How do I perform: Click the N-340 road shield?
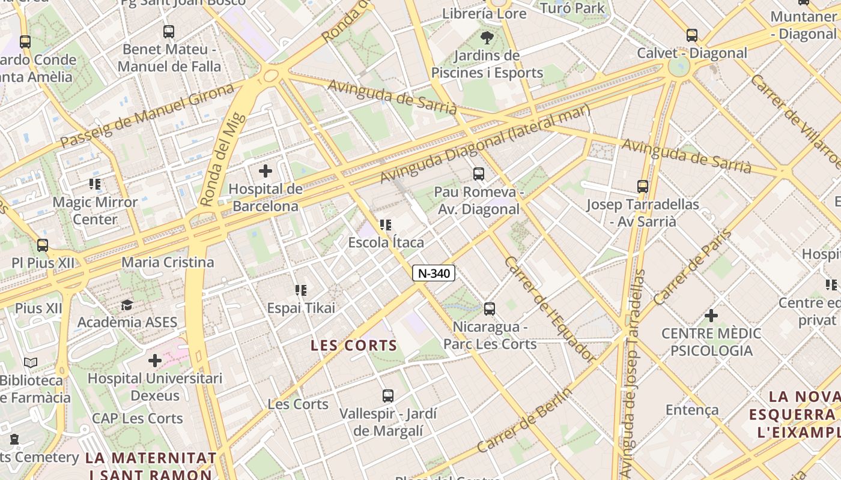point(434,274)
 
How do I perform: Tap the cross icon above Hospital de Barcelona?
point(266,172)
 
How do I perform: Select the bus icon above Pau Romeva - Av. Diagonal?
point(478,174)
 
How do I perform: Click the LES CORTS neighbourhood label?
point(354,346)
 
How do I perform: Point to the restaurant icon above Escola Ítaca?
point(386,225)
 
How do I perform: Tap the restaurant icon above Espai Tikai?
point(301,290)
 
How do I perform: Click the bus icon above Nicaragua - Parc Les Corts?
point(490,309)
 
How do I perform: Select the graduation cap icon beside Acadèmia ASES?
point(127,305)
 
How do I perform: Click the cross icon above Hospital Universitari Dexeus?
point(155,361)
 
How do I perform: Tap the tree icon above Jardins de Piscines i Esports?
point(487,38)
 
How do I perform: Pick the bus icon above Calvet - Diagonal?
point(692,35)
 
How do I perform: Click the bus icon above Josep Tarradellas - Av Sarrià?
point(643,187)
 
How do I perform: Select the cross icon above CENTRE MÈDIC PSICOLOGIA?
point(711,315)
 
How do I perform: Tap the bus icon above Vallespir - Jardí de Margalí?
point(388,396)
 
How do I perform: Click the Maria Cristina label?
point(168,262)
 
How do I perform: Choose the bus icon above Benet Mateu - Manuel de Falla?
point(169,31)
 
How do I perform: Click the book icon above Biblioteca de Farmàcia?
point(31,362)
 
